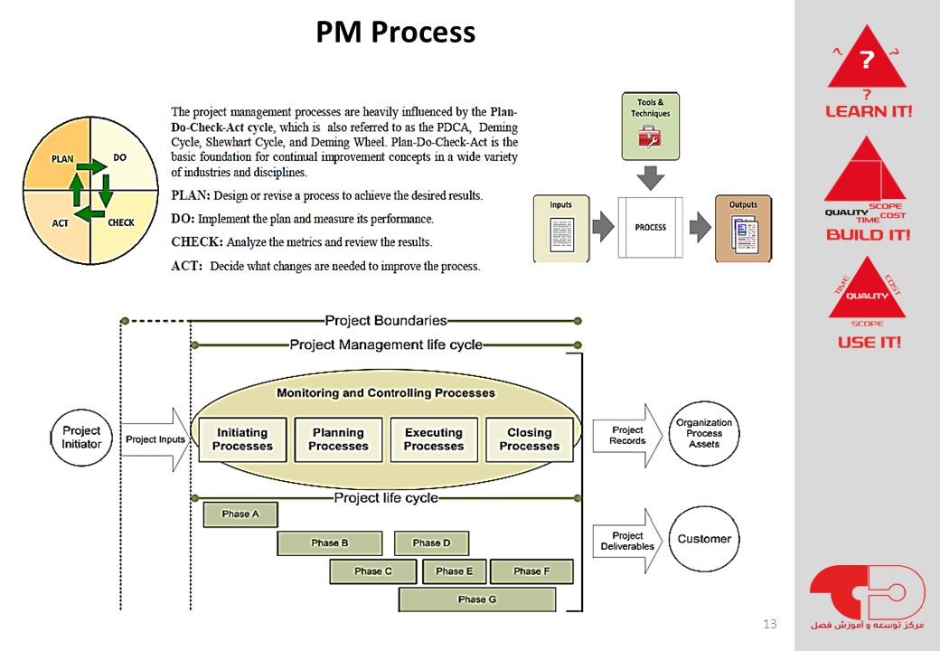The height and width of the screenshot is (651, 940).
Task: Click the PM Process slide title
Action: [396, 32]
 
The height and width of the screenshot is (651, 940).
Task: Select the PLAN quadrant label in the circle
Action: [62, 159]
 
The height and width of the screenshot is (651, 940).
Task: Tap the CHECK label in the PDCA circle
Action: [121, 222]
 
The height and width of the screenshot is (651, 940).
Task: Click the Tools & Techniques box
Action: [651, 127]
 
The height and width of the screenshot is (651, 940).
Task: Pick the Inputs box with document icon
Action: [561, 229]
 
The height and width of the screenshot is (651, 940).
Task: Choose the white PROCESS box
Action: [651, 227]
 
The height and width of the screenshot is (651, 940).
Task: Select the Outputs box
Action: [743, 229]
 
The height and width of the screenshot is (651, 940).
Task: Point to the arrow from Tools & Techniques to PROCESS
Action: [651, 178]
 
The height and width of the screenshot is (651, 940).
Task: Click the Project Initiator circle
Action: [81, 438]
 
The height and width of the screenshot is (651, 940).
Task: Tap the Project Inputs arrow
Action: [155, 439]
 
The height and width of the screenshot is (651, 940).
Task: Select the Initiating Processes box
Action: [243, 439]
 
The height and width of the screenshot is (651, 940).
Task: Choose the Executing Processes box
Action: [434, 439]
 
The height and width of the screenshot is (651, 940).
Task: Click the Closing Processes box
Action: [530, 439]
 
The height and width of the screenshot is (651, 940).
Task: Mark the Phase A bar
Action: [240, 514]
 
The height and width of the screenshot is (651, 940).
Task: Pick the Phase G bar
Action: [477, 599]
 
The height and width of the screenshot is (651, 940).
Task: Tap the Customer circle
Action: [704, 539]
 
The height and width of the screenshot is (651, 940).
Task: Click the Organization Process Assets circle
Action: [704, 433]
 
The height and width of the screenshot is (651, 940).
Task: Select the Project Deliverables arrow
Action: [627, 541]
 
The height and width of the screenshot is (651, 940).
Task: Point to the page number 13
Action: [770, 624]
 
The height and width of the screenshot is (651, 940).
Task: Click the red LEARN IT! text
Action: [869, 111]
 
